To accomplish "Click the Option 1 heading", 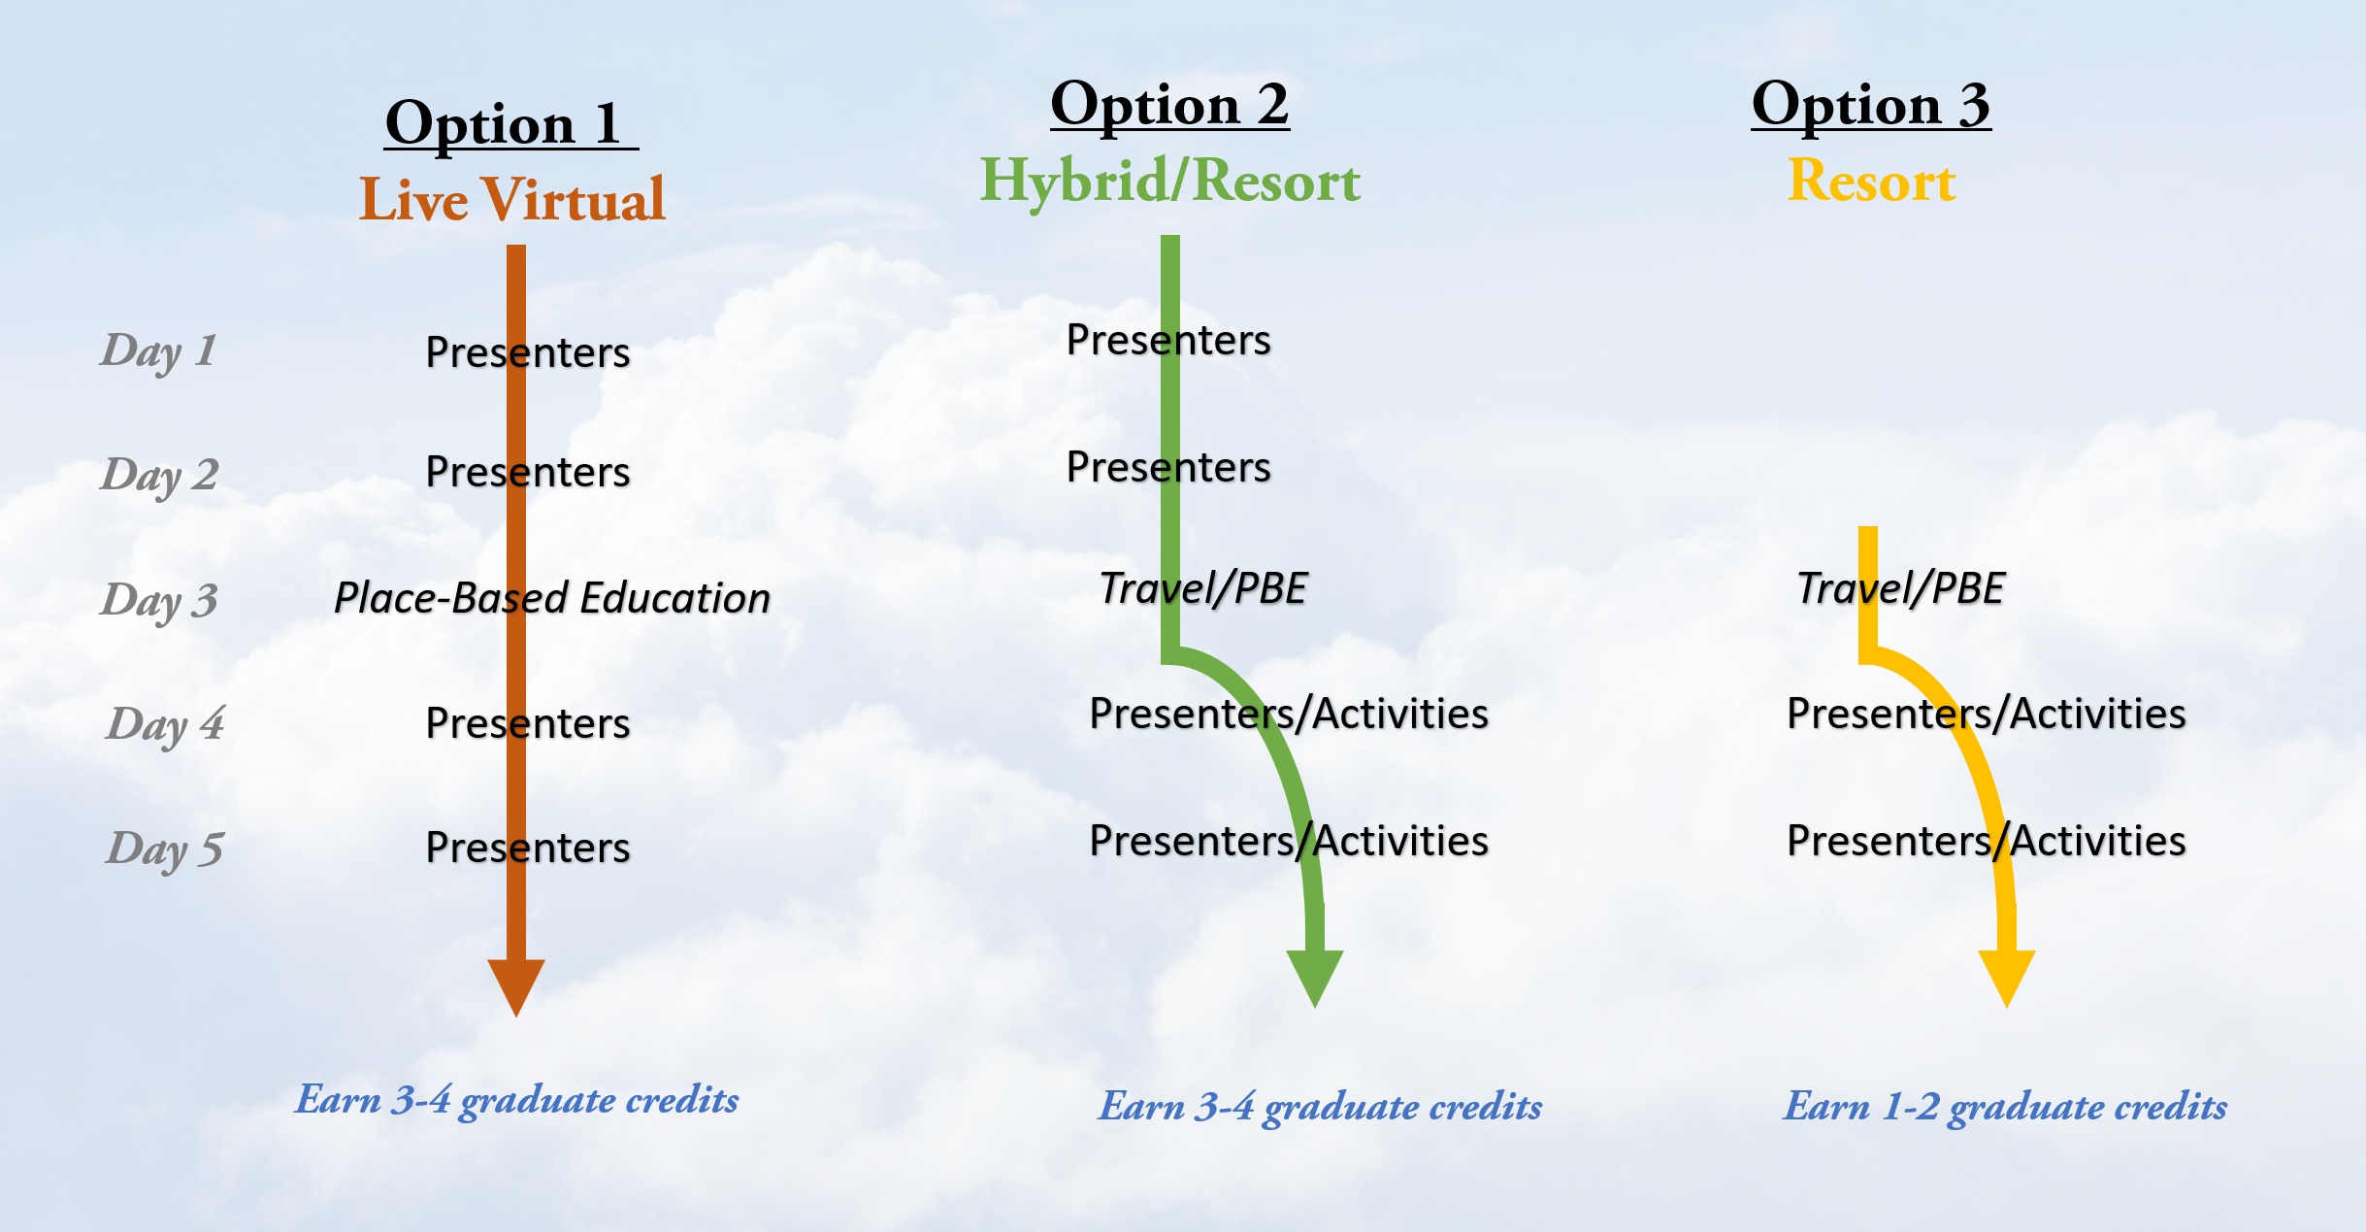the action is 511,124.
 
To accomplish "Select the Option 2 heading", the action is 1169,105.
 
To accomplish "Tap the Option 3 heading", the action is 1871,105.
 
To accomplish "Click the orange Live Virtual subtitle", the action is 512,199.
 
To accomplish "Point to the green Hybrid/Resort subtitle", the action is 1170,182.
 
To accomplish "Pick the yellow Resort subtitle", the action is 1871,181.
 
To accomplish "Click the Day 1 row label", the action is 158,351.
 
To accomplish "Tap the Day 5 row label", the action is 164,849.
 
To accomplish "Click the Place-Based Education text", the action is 552,598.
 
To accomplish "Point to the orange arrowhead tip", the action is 516,1016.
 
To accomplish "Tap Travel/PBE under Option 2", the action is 1203,588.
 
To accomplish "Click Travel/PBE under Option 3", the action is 1900,588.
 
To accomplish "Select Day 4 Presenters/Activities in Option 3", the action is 1987,714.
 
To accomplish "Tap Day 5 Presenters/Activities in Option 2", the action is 1289,841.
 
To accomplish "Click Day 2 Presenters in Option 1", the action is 528,472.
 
